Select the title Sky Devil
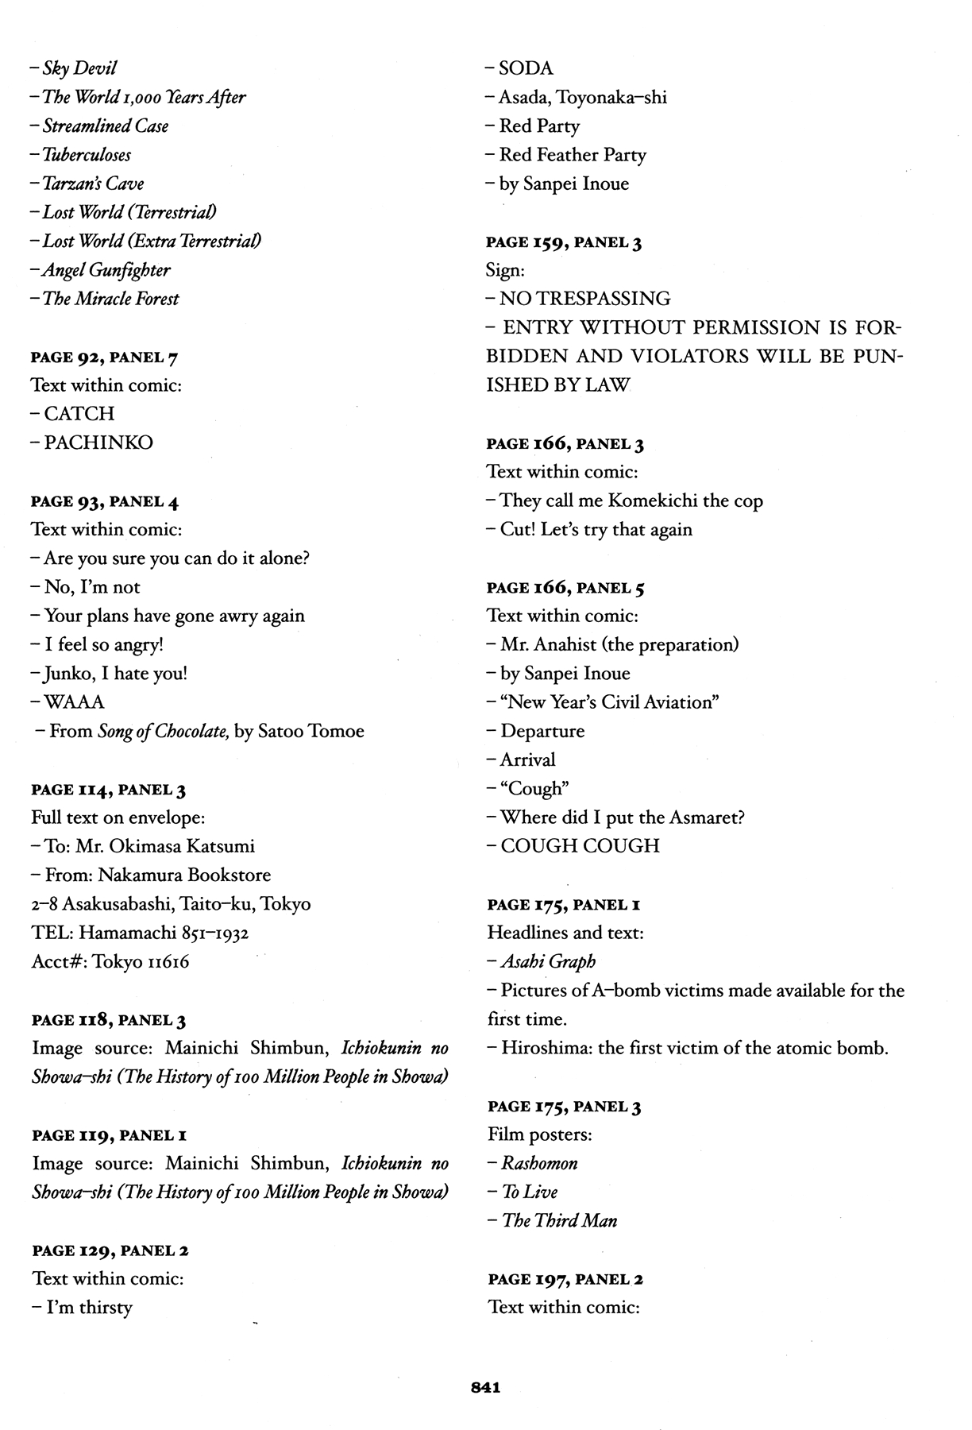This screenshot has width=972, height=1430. [x=79, y=69]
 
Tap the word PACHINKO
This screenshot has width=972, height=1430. [x=98, y=443]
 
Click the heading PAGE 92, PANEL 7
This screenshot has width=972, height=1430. [x=104, y=357]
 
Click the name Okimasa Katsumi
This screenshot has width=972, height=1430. [x=183, y=846]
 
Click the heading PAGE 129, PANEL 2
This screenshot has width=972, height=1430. [x=110, y=1250]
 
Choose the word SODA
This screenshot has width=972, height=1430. [x=526, y=69]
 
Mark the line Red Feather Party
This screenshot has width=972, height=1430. [x=572, y=155]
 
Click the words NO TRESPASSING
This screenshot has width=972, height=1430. [x=584, y=299]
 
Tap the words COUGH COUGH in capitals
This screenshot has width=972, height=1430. [x=580, y=846]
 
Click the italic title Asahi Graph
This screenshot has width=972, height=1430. [x=548, y=961]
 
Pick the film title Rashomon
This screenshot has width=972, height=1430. [x=539, y=1163]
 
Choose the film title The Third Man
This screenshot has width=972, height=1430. [x=559, y=1221]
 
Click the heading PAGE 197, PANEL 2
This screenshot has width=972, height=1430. [x=565, y=1279]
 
